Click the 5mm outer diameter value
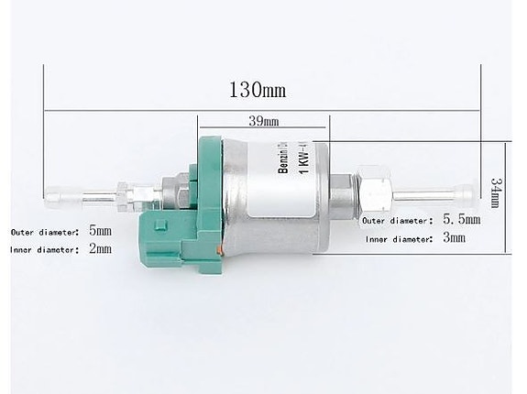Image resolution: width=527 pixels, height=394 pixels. pyautogui.click(x=99, y=230)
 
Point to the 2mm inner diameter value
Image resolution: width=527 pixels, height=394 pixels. pyautogui.click(x=99, y=248)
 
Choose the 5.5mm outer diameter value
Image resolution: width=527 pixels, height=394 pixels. pyautogui.click(x=460, y=220)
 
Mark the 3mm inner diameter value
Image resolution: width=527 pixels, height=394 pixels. pyautogui.click(x=453, y=238)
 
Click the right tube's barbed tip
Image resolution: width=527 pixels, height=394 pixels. pyautogui.click(x=468, y=194)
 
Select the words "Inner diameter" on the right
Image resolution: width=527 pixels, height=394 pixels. pyautogui.click(x=398, y=239)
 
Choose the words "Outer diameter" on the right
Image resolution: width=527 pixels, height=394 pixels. pyautogui.click(x=396, y=221)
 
